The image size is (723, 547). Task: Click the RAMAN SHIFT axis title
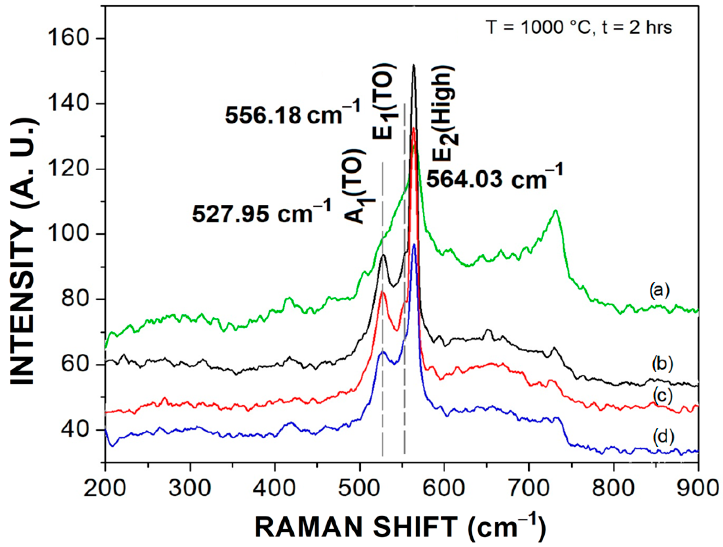(x=400, y=527)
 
